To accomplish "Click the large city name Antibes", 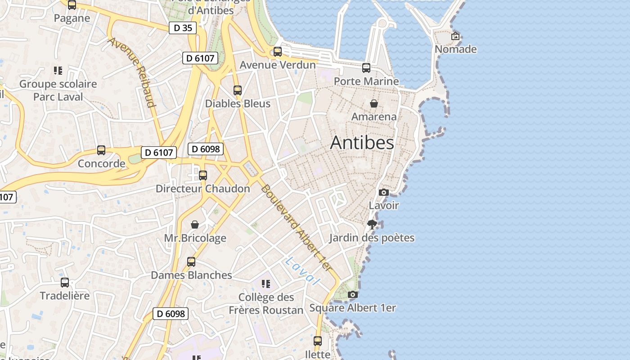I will click(362, 143).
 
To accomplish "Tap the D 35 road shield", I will click(183, 28).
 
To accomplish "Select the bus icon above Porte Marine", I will click(366, 68).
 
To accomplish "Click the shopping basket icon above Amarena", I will click(373, 103).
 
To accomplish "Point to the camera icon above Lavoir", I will click(383, 192).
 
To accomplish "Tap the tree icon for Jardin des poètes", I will click(372, 224).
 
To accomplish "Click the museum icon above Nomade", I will click(455, 36).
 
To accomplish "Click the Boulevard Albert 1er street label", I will click(297, 228).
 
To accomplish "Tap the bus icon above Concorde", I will click(101, 150).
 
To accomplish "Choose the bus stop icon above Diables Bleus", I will click(238, 90).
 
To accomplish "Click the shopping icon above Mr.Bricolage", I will click(195, 224).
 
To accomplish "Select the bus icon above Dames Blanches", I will click(191, 262).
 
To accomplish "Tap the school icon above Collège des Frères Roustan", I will click(266, 283).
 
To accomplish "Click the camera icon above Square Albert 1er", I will click(353, 295).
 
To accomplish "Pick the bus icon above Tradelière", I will click(65, 283).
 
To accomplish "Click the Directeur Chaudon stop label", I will click(202, 189).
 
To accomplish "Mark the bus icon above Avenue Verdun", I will click(278, 52).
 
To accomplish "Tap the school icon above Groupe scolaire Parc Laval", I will click(58, 71).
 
